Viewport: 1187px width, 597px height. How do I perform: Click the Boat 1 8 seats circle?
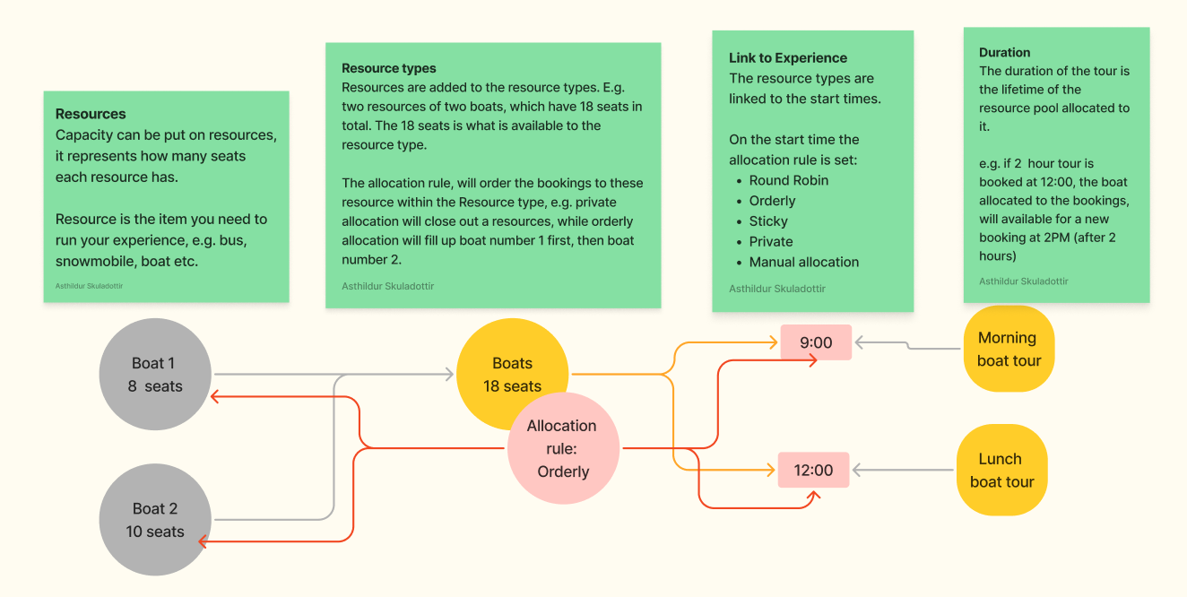155,374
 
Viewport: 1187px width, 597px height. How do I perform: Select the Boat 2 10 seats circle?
155,520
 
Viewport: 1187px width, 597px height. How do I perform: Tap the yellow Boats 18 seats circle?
513,374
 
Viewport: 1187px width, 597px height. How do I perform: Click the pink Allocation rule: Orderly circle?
563,448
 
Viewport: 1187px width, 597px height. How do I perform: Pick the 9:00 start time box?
816,342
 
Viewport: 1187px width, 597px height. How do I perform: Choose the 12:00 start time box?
813,470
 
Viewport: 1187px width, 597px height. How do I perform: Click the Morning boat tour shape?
1009,349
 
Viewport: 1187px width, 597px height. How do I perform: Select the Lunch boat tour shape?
1002,470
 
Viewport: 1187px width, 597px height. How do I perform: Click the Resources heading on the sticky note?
91,114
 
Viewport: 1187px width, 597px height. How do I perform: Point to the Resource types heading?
388,68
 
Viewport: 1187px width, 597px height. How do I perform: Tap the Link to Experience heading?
787,57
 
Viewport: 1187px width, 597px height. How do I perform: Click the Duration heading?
1004,53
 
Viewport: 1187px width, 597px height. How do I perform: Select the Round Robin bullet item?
789,180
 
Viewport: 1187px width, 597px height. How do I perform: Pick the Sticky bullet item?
768,221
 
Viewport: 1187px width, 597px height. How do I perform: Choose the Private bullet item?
771,241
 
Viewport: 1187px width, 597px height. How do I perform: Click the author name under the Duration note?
1023,281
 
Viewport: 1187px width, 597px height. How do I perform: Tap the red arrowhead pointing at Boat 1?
214,396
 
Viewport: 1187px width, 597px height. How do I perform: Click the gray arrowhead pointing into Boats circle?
449,375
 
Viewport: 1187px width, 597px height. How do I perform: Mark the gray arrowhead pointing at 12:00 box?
857,470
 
